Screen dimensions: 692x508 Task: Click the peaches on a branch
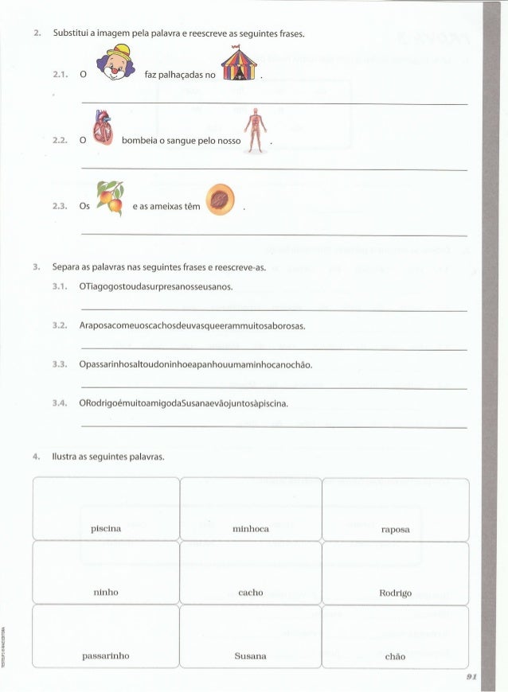click(110, 198)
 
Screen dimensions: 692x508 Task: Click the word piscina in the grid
click(106, 528)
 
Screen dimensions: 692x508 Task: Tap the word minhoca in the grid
click(251, 528)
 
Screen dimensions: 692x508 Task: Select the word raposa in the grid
click(395, 529)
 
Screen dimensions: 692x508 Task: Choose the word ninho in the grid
click(106, 592)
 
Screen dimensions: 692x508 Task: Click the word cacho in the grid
click(251, 593)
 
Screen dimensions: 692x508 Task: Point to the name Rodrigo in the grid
click(395, 593)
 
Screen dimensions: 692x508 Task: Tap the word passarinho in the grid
click(106, 656)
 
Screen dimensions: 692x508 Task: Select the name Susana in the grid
click(251, 656)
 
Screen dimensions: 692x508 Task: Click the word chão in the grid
click(395, 657)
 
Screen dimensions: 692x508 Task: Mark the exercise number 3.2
click(58, 325)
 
